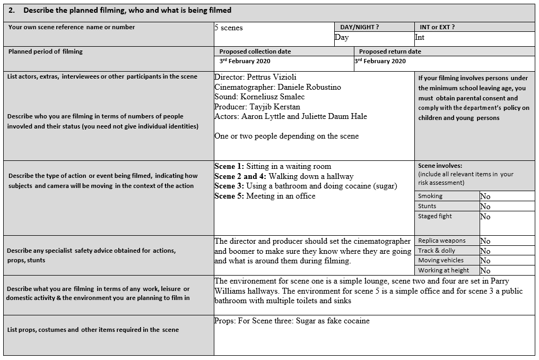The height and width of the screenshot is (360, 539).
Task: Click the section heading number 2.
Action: tap(11, 11)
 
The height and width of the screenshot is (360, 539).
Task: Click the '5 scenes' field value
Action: tap(229, 28)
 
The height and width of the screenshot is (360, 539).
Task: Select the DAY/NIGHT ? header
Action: tap(359, 27)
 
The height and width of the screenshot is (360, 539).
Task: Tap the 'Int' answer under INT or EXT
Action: tap(420, 37)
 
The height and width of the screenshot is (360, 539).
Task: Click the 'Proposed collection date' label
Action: tap(255, 52)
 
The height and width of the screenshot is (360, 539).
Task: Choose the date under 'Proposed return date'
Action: tap(380, 61)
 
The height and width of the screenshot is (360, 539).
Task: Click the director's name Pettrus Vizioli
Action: tap(275, 77)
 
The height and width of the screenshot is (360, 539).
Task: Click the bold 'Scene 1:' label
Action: tap(229, 166)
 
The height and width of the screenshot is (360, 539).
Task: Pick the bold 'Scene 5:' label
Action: tap(229, 196)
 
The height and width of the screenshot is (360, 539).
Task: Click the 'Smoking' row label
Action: tap(430, 196)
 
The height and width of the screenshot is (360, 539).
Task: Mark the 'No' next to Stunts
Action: tap(485, 207)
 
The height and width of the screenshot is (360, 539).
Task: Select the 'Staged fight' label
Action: tap(435, 216)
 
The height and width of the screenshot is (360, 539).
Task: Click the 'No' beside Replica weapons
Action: tap(485, 241)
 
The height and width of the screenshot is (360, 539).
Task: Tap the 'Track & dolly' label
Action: tap(437, 251)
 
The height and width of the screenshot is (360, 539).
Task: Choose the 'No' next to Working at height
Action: tap(485, 271)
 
